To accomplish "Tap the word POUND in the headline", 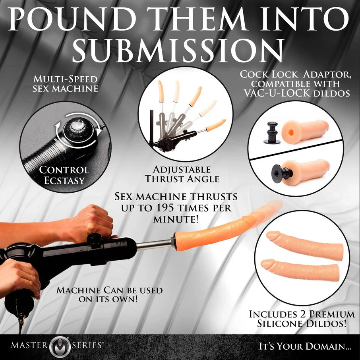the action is pyautogui.click(x=72, y=18).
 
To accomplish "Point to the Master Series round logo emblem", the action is pyautogui.click(x=60, y=346).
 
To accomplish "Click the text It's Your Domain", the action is pyautogui.click(x=305, y=346).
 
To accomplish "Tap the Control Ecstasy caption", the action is pyautogui.click(x=64, y=175).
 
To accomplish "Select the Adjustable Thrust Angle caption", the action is pyautogui.click(x=182, y=174).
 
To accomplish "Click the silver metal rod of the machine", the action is pyautogui.click(x=154, y=245).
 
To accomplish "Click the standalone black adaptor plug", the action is pyautogui.click(x=272, y=133).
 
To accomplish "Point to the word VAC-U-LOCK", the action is pyautogui.click(x=277, y=93).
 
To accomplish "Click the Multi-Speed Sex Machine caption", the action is pyautogui.click(x=66, y=84).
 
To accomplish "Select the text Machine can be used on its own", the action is pyautogui.click(x=110, y=295).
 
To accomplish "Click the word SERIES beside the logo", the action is pyautogui.click(x=87, y=345).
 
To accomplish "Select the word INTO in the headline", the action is pyautogui.click(x=307, y=18).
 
